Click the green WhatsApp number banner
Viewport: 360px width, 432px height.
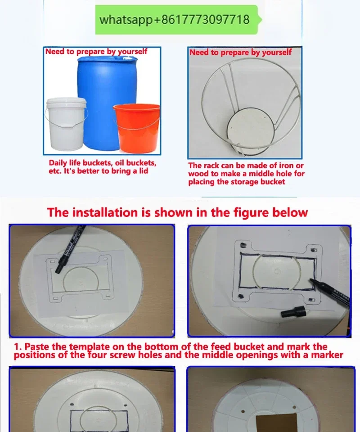coord(178,19)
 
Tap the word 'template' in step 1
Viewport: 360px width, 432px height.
coord(89,346)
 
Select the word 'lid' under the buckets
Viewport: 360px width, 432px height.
coord(143,171)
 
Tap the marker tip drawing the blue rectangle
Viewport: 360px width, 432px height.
coord(312,281)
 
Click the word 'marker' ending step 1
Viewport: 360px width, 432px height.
coord(327,355)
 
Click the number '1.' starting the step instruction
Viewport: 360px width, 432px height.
coord(18,346)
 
